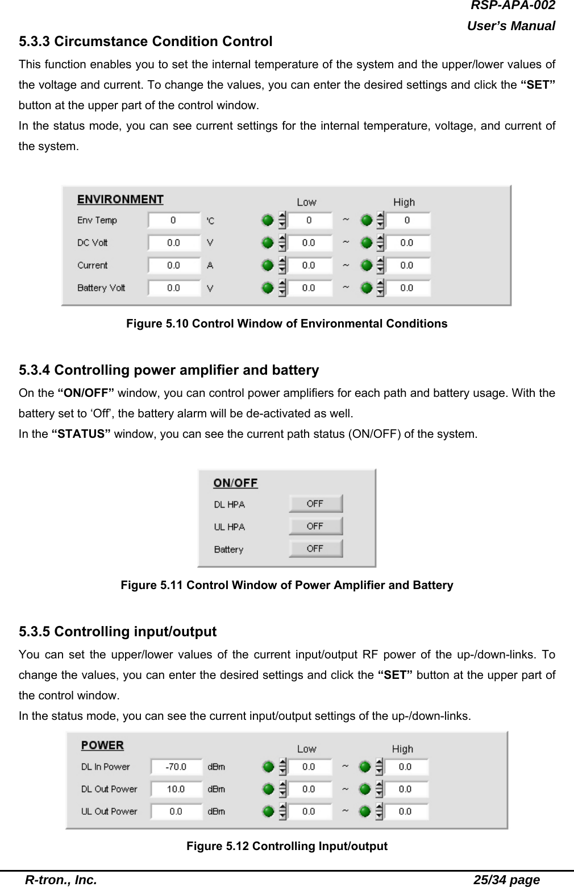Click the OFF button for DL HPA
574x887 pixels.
pos(315,504)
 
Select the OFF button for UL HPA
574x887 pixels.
pos(315,526)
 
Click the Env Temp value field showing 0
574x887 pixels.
pos(174,221)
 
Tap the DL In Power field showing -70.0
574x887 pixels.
pos(176,766)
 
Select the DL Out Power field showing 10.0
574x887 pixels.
pos(176,789)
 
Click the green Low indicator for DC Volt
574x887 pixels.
pos(268,243)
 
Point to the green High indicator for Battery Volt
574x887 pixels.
pos(367,288)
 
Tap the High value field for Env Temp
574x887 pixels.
pos(407,221)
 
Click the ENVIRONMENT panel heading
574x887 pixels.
pos(120,200)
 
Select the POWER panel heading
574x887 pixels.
pos(102,745)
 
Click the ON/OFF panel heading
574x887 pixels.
pos(235,483)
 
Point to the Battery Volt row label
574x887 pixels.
pos(101,288)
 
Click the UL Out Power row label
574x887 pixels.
pos(109,811)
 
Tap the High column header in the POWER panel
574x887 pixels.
pos(402,749)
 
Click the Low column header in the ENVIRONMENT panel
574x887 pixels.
pos(306,202)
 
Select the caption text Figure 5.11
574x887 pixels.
pos(152,585)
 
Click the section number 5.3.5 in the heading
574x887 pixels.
pos(35,632)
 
